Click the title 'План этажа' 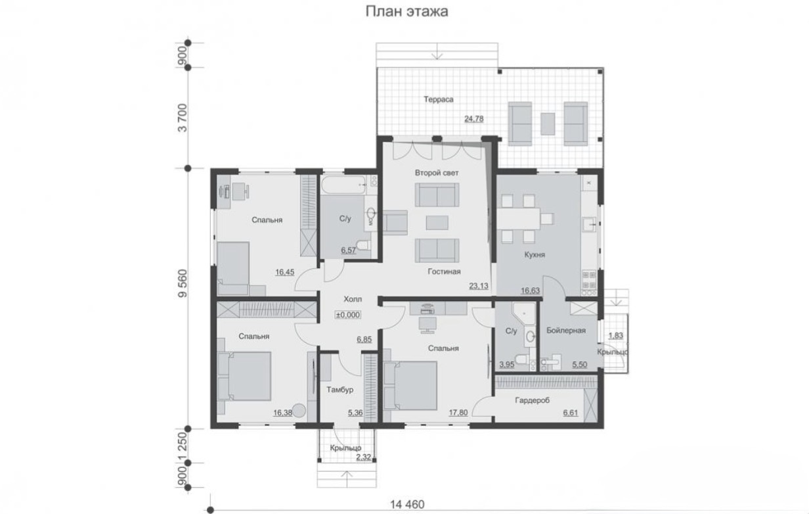coord(407,12)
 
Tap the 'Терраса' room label coord(439,99)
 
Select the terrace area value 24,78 coord(474,119)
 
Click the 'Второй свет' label coord(437,173)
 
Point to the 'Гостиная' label coord(444,271)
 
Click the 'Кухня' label coord(535,255)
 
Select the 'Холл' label coord(353,299)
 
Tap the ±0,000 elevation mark coord(348,315)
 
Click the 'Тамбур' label coord(340,390)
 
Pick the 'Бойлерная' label coord(566,331)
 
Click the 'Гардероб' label coord(533,400)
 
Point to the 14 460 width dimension coord(407,504)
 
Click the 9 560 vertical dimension coord(183,283)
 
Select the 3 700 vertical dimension coord(183,118)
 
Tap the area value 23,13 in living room coord(479,286)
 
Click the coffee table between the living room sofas coord(437,223)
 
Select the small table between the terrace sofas coord(548,124)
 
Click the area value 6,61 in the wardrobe coord(571,412)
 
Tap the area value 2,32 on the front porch coord(364,457)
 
